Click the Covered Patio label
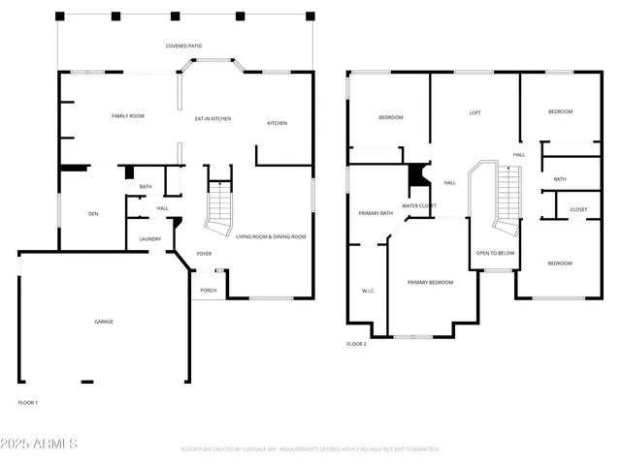(x=183, y=46)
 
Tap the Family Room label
(x=128, y=116)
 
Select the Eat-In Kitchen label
(x=212, y=118)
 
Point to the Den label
(x=93, y=213)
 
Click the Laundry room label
(x=149, y=239)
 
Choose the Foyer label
(x=204, y=254)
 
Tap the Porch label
(x=209, y=290)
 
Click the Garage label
(x=103, y=321)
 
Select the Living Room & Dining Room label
(x=271, y=236)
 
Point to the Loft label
(x=474, y=113)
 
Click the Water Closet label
(x=419, y=205)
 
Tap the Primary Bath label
(x=376, y=213)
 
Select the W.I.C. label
(x=368, y=290)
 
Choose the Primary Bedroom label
(x=430, y=282)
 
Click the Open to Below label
(x=495, y=253)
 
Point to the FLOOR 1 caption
(x=28, y=402)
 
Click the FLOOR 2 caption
(x=356, y=344)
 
